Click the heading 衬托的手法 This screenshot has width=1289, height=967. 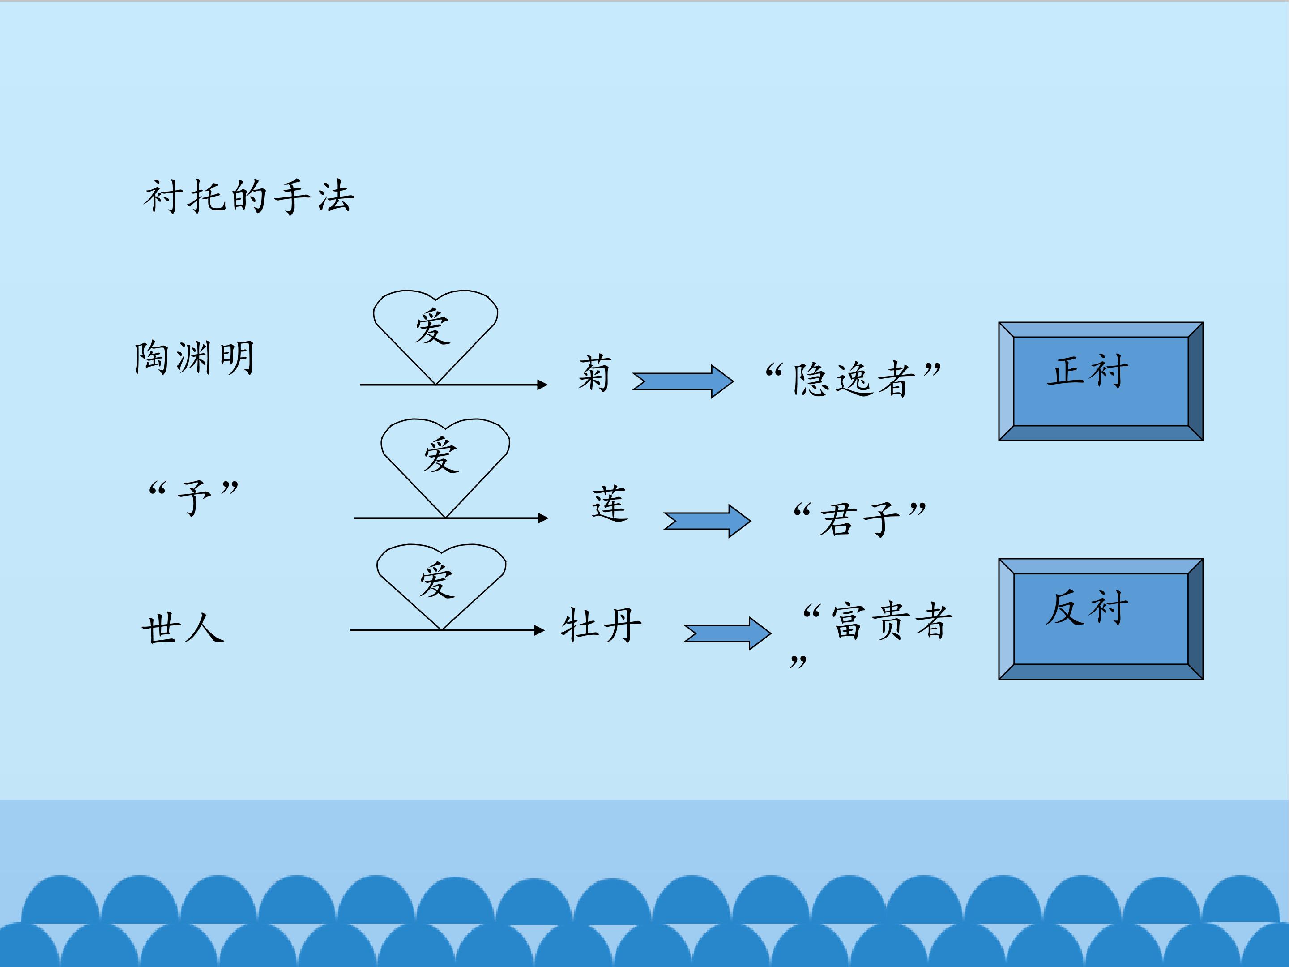[249, 197]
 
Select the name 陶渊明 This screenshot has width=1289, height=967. [194, 357]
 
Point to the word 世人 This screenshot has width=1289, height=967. [183, 629]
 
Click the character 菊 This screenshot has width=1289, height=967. [594, 373]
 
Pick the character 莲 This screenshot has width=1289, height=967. [610, 503]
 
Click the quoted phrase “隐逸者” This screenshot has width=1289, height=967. [853, 379]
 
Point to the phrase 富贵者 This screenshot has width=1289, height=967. [892, 621]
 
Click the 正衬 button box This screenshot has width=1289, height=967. [1101, 381]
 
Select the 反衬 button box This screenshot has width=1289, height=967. [1101, 619]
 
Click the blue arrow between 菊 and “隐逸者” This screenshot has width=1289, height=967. [683, 382]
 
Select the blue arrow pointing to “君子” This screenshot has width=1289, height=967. [707, 521]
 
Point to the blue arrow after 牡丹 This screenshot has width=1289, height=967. [727, 633]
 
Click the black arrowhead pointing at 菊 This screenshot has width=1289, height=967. [542, 385]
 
